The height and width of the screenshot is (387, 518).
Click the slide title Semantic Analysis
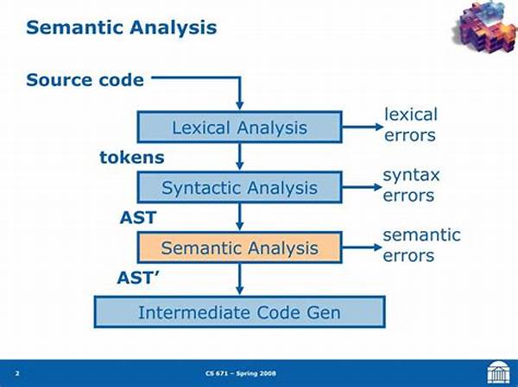pyautogui.click(x=121, y=28)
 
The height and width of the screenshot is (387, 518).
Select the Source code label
pyautogui.click(x=85, y=80)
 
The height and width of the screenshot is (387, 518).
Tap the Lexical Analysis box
pyautogui.click(x=239, y=127)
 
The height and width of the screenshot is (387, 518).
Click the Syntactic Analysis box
pyautogui.click(x=239, y=187)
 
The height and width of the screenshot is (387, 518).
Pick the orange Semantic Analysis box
pyautogui.click(x=239, y=247)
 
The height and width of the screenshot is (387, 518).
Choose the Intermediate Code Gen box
pyautogui.click(x=239, y=312)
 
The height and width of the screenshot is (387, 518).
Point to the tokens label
pyautogui.click(x=132, y=158)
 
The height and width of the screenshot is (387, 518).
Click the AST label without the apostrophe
pyautogui.click(x=138, y=218)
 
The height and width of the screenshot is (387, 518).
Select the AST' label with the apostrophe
pyautogui.click(x=138, y=278)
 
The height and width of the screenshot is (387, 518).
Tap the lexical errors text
pyautogui.click(x=411, y=125)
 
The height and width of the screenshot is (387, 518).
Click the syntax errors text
pyautogui.click(x=411, y=185)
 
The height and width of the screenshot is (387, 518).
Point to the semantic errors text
pyautogui.click(x=421, y=245)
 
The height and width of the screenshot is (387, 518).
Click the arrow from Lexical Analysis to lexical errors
pyautogui.click(x=363, y=127)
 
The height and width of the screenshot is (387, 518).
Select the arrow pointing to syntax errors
pyautogui.click(x=362, y=187)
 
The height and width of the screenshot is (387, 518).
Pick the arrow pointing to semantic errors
pyautogui.click(x=362, y=247)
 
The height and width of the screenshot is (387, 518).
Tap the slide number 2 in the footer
pyautogui.click(x=17, y=373)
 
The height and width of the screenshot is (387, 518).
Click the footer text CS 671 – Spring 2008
pyautogui.click(x=241, y=373)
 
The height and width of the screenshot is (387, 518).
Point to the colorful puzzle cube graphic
pyautogui.click(x=485, y=26)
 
